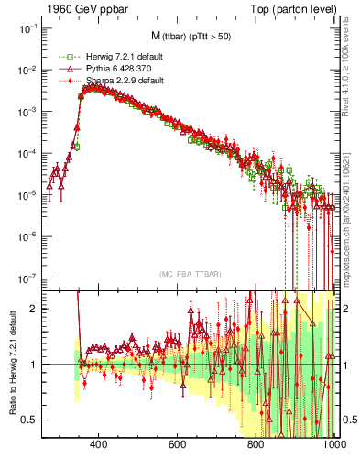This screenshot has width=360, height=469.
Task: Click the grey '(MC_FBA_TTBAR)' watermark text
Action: pyautogui.click(x=189, y=275)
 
